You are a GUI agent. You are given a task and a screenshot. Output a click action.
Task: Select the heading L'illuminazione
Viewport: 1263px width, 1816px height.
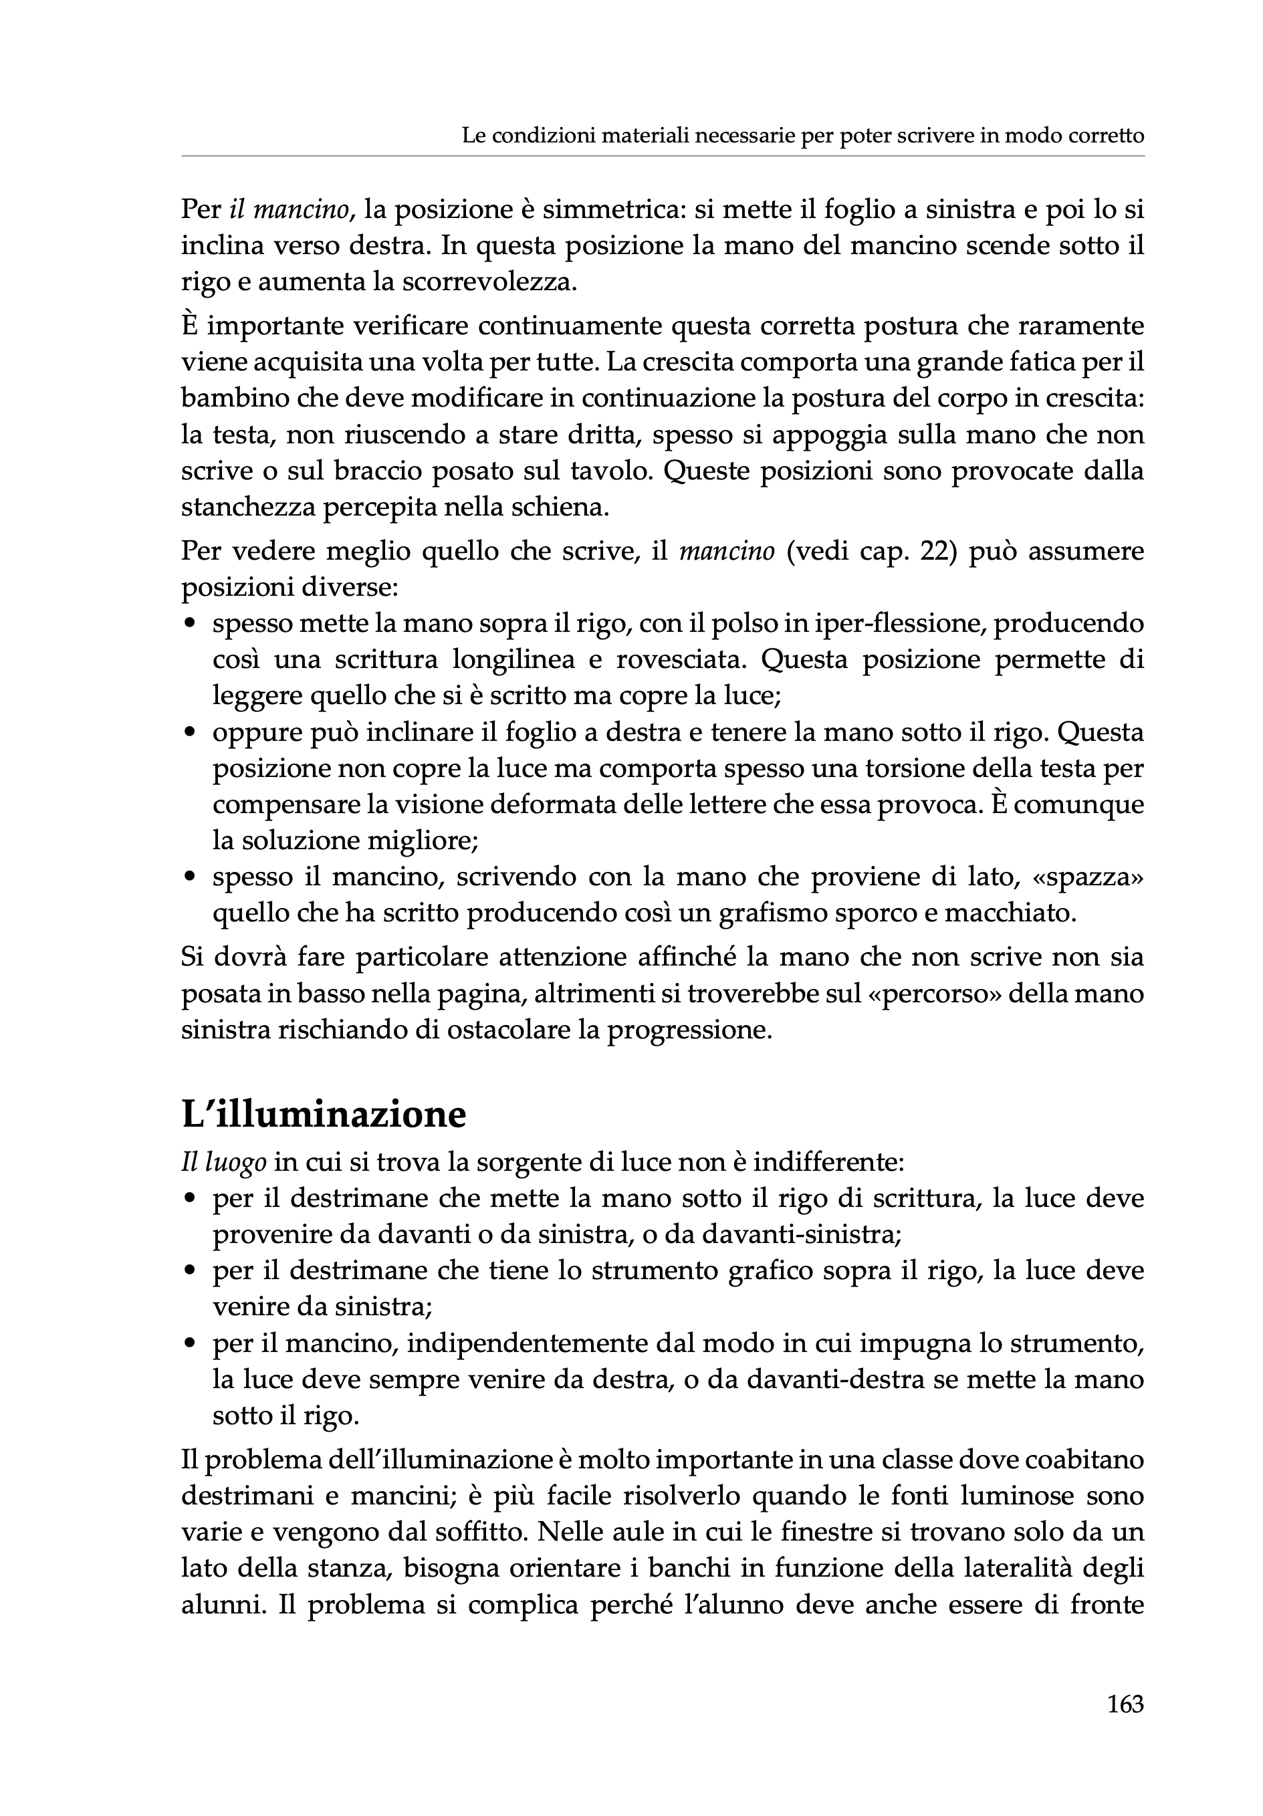point(324,1115)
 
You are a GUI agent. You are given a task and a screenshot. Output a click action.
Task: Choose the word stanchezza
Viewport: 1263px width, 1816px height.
point(247,507)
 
